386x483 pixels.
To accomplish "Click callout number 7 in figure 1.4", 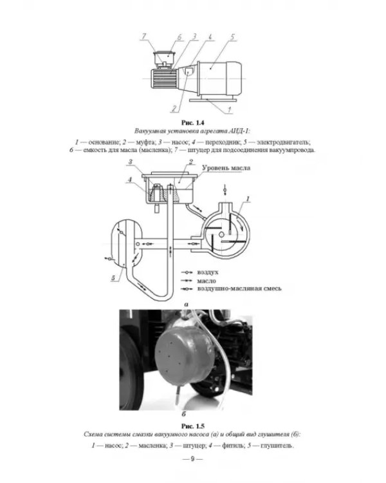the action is (143, 37).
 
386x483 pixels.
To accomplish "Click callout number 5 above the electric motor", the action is (232, 37).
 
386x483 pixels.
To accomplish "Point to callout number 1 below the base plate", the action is (229, 109).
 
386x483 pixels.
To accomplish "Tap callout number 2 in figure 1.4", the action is (174, 108).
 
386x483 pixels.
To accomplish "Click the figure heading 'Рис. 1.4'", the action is (193, 123).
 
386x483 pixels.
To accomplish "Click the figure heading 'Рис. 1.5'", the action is (193, 426).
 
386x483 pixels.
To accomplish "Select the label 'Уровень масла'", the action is (226, 168).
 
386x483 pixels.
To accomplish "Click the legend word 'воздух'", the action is (208, 272).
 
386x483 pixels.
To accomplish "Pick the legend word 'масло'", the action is (207, 281).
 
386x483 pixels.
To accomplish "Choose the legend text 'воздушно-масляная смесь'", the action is (239, 289).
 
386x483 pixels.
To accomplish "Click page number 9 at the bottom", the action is (193, 459).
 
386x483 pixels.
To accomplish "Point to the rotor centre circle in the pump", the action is (221, 234).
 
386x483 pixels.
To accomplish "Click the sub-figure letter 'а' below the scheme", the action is (186, 305).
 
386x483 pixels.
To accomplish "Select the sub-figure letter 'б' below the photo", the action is (184, 414).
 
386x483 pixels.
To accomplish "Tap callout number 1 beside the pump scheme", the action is (247, 199).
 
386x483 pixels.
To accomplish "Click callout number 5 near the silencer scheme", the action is (113, 278).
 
